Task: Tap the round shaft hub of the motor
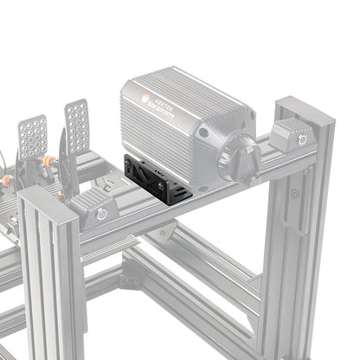238,158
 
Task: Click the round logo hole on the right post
302,195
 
